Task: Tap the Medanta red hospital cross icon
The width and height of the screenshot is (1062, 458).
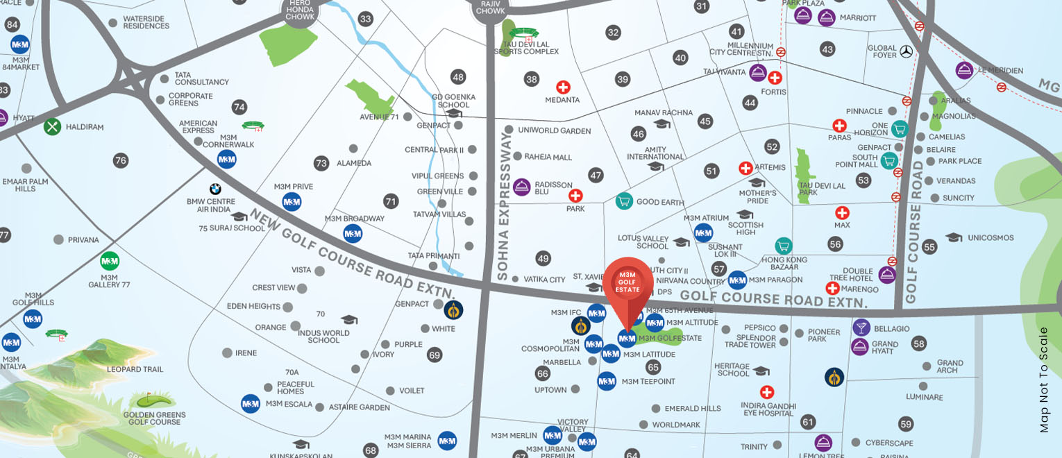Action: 563,87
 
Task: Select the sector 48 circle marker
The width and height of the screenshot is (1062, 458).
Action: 457,77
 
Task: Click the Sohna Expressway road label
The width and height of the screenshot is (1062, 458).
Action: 505,208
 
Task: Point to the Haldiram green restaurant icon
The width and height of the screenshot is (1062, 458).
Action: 53,127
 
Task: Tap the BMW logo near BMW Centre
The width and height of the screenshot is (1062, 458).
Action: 215,189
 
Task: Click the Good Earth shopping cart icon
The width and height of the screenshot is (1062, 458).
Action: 623,201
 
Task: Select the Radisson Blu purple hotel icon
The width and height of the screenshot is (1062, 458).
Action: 521,187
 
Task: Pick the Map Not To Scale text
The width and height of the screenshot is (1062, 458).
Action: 1044,380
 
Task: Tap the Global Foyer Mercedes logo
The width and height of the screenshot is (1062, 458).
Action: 905,51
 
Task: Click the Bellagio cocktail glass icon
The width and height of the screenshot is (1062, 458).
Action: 861,328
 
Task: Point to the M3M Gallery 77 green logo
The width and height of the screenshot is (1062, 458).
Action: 110,262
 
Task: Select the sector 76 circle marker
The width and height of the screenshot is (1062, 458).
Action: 121,161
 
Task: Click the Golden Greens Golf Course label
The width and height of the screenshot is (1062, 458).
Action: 155,418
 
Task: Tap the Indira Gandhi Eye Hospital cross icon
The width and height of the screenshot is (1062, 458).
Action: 766,392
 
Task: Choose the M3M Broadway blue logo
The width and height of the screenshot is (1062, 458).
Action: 353,233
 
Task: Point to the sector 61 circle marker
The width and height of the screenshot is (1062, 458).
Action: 807,422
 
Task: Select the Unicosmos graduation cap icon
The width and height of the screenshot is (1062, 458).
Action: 954,238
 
